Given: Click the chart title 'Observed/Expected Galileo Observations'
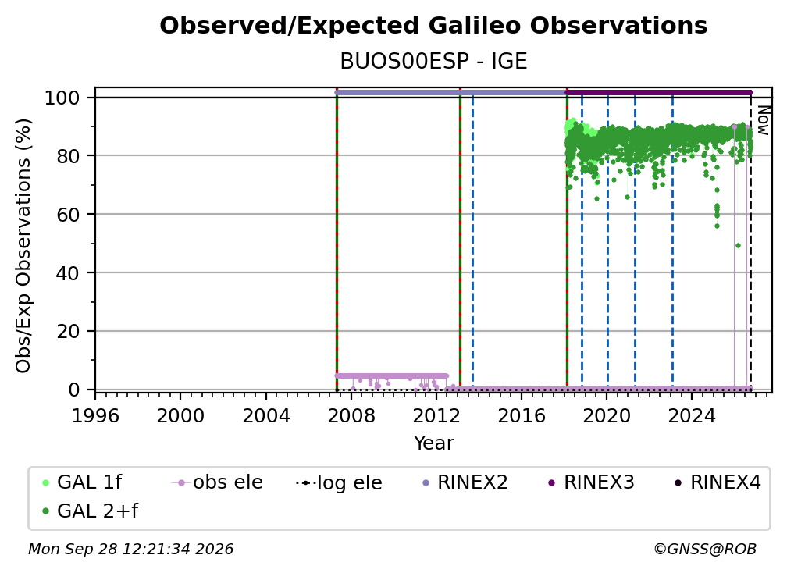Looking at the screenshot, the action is pyautogui.click(x=433, y=26).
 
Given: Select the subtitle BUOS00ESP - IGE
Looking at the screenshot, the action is pyautogui.click(x=433, y=62).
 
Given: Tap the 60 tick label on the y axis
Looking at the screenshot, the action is pyautogui.click(x=68, y=215).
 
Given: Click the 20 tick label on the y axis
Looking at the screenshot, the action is pyautogui.click(x=68, y=332).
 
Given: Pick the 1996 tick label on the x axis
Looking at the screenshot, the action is pyautogui.click(x=95, y=416).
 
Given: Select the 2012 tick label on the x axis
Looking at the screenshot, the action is pyautogui.click(x=436, y=416).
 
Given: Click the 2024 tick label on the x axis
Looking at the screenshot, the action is pyautogui.click(x=691, y=416).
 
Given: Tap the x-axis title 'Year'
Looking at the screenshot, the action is pyautogui.click(x=433, y=443).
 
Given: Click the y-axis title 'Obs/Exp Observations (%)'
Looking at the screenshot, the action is pyautogui.click(x=23, y=245).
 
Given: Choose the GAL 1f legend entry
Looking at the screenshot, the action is pyautogui.click(x=82, y=482).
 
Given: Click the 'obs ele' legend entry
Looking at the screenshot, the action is pyautogui.click(x=217, y=482).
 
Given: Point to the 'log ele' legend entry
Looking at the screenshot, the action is pyautogui.click(x=339, y=482).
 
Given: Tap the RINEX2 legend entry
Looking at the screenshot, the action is pyautogui.click(x=465, y=482).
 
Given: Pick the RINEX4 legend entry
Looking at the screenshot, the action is pyautogui.click(x=718, y=482).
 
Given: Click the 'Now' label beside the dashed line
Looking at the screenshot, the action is pyautogui.click(x=763, y=120).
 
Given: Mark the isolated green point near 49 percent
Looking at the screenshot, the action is pyautogui.click(x=738, y=245).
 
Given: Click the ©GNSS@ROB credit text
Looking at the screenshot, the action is pyautogui.click(x=705, y=550).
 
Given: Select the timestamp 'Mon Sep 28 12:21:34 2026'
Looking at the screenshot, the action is pyautogui.click(x=130, y=550).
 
